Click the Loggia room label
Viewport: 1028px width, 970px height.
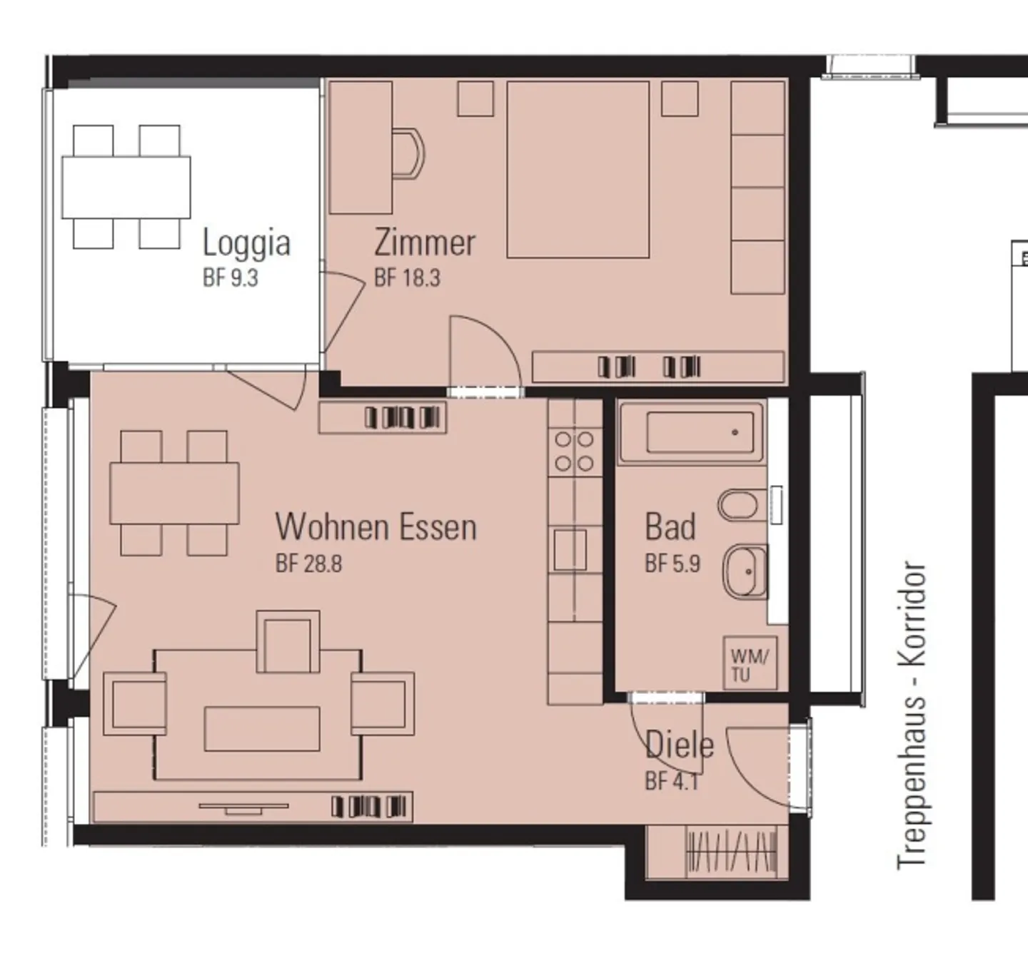(x=246, y=244)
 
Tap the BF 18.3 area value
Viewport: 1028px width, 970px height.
(x=408, y=278)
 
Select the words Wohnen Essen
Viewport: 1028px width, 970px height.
(x=376, y=526)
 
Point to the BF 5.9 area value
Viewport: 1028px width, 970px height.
(x=672, y=563)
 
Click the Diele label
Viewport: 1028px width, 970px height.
(x=680, y=745)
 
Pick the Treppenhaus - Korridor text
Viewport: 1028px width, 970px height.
(x=912, y=714)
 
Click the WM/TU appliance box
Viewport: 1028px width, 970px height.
(x=750, y=663)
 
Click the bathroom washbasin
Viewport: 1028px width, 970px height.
(x=745, y=572)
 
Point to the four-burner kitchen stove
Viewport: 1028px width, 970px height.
(x=574, y=451)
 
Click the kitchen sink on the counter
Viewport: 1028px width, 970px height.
(x=570, y=550)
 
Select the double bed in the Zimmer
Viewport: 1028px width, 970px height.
(x=578, y=169)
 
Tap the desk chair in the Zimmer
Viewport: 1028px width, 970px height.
(x=408, y=154)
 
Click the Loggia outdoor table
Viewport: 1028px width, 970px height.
(x=126, y=187)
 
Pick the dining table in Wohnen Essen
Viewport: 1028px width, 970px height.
(x=175, y=494)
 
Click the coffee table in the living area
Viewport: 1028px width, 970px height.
(x=262, y=729)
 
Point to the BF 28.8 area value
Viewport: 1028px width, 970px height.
(x=309, y=563)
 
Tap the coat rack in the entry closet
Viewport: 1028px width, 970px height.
(x=732, y=852)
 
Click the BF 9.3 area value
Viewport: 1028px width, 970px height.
(x=231, y=278)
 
